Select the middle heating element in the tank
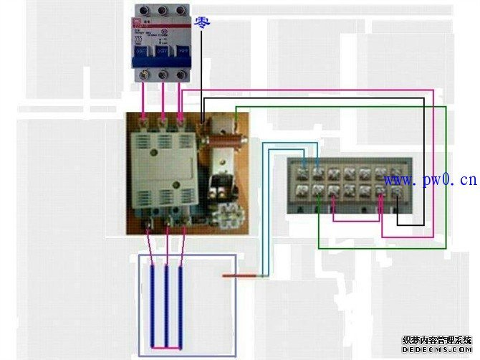point(166,305)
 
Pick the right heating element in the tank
point(180,305)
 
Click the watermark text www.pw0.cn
point(430,179)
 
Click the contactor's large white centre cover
point(160,166)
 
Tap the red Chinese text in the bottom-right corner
point(437,340)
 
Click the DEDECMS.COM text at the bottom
point(437,351)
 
